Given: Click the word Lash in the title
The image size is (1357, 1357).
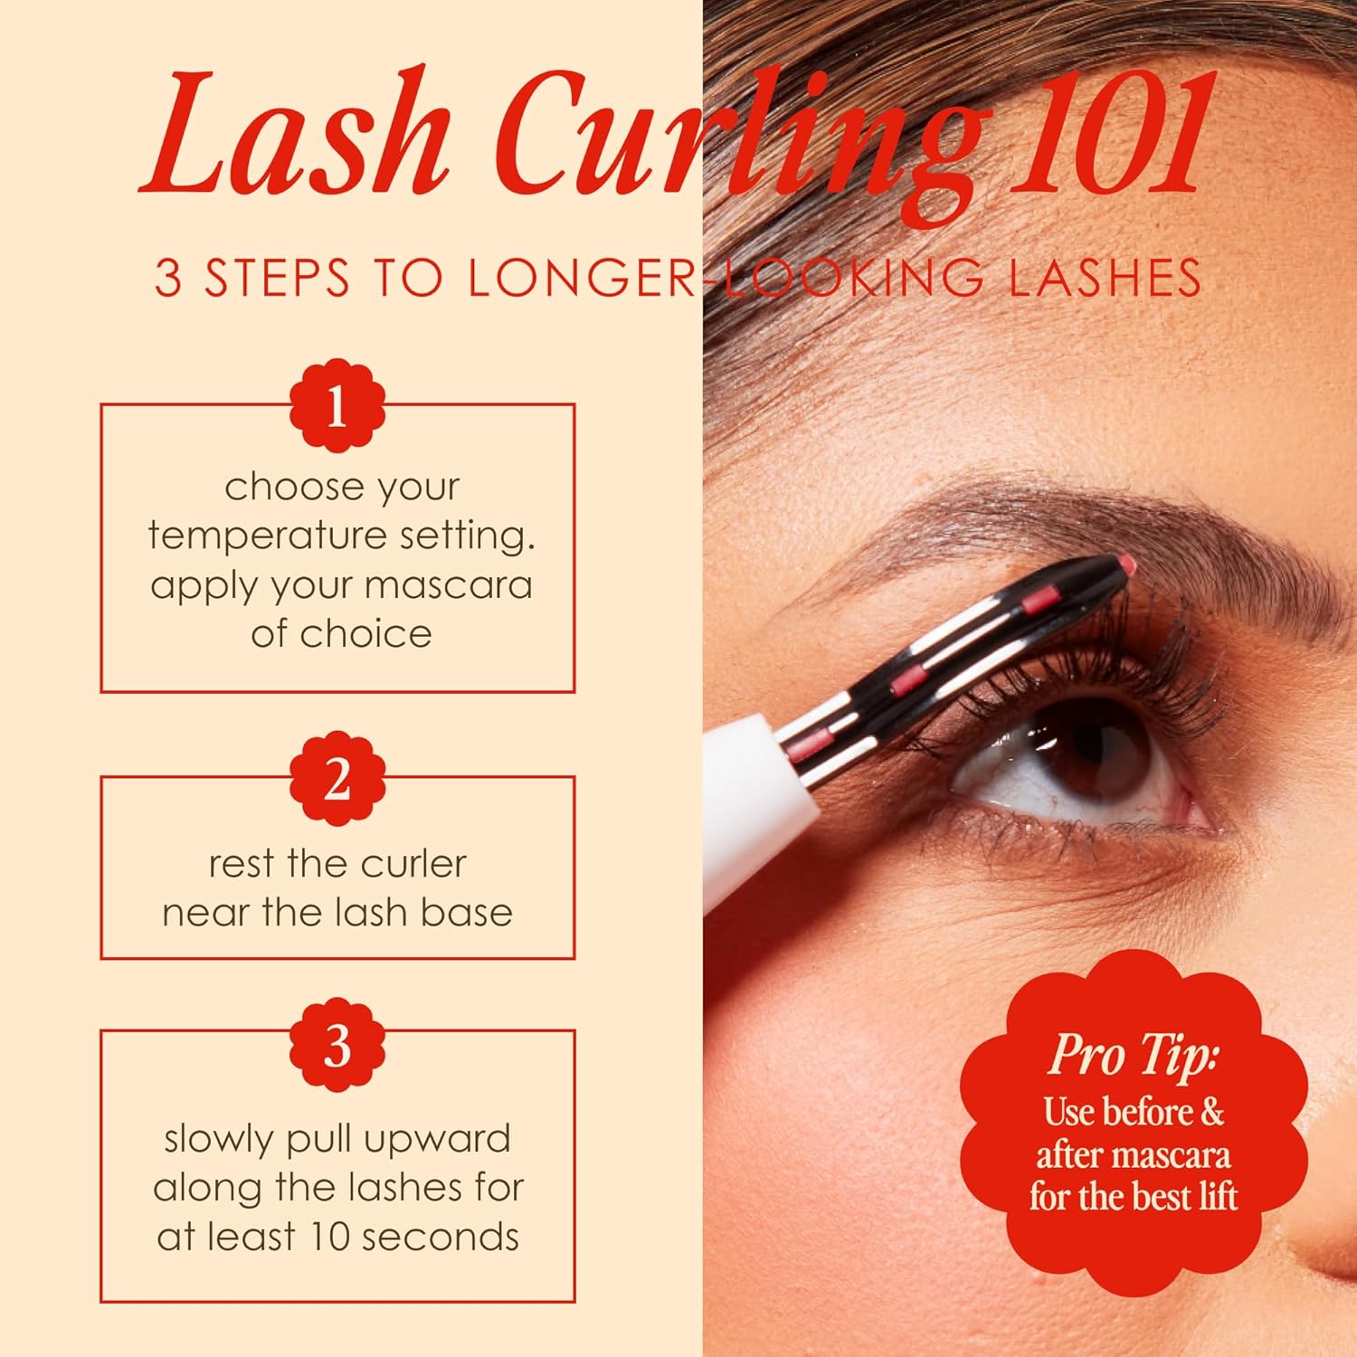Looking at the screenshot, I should click(x=294, y=136).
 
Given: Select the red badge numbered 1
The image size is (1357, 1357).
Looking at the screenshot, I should click(x=337, y=406).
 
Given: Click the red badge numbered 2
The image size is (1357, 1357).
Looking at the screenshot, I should click(x=337, y=778).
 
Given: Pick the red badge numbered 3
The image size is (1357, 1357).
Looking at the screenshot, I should click(x=337, y=1046).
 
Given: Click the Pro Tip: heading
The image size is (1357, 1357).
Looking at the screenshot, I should click(x=1133, y=1055).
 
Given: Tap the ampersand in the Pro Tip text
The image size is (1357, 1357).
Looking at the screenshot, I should click(x=1211, y=1112).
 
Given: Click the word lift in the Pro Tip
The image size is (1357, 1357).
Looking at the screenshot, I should click(x=1216, y=1196).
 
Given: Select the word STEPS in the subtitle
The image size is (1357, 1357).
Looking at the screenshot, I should click(x=277, y=278).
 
